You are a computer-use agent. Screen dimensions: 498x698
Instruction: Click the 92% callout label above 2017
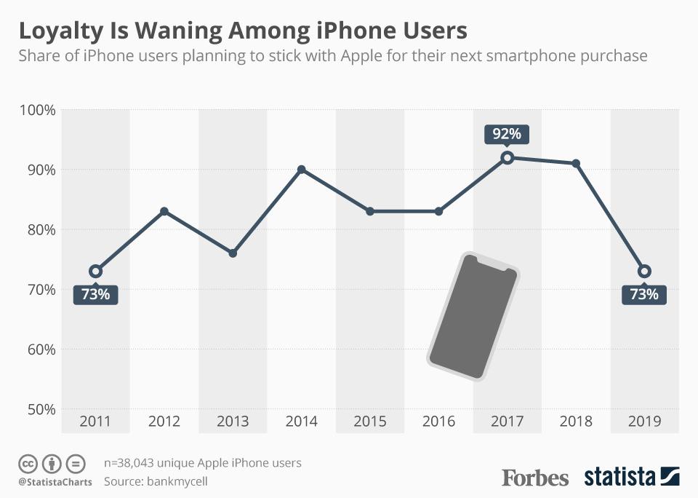point(507,134)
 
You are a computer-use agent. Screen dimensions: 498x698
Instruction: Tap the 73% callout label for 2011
point(95,294)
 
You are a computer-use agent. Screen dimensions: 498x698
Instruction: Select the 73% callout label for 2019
point(644,294)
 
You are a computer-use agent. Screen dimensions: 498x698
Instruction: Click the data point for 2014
point(301,170)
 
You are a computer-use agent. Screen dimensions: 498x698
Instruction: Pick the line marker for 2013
point(233,253)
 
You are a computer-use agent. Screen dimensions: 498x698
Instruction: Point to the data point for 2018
point(576,164)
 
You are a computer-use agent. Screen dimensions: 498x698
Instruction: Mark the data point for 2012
point(164,211)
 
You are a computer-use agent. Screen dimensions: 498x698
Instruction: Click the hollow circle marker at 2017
point(508,157)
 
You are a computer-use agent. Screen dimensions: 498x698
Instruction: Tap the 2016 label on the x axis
point(438,422)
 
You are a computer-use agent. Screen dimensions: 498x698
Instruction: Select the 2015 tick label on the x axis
point(370,422)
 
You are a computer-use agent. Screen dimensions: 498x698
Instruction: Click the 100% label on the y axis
point(37,110)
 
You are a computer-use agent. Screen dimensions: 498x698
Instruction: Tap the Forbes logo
point(535,478)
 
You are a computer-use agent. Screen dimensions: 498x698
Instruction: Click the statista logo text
point(619,478)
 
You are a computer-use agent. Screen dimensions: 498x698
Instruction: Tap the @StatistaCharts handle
point(55,482)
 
